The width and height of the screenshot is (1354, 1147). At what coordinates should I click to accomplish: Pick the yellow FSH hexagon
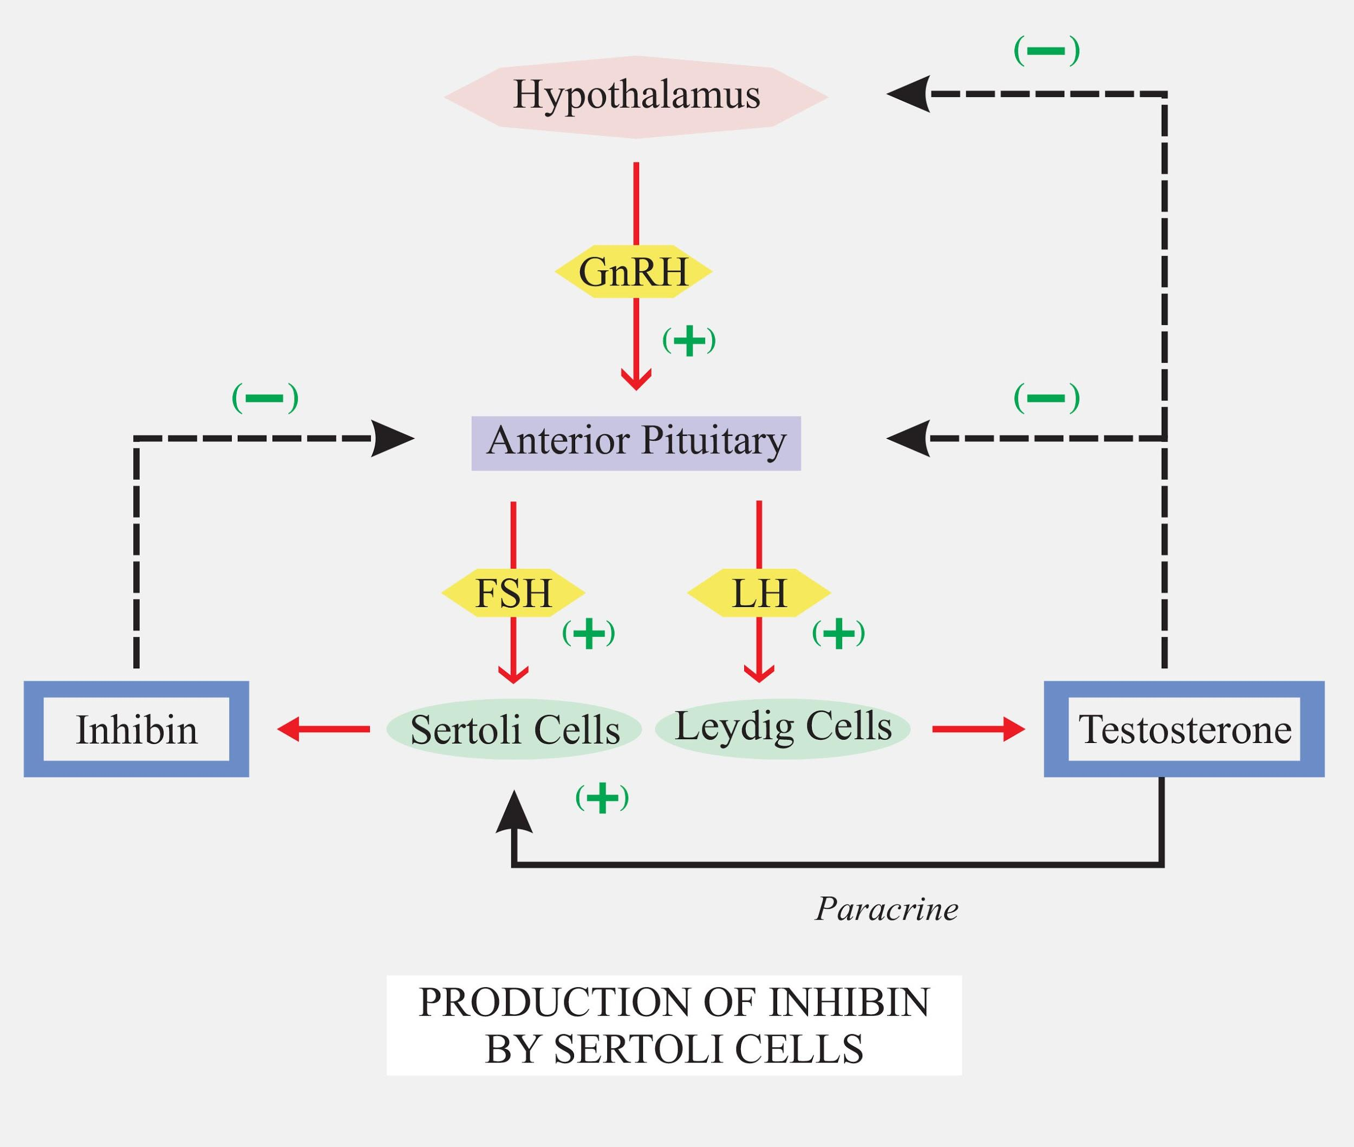tap(513, 593)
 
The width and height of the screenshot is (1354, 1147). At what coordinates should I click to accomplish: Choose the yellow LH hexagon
tap(759, 593)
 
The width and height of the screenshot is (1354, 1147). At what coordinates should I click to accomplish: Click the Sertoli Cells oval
tap(515, 729)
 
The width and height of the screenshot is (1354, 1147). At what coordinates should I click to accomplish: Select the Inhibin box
tap(136, 729)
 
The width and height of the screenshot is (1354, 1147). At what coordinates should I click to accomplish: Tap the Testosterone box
tap(1184, 729)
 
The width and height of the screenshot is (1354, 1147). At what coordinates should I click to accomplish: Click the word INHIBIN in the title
tap(849, 1002)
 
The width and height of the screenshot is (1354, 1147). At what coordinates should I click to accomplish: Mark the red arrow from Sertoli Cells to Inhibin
tap(323, 729)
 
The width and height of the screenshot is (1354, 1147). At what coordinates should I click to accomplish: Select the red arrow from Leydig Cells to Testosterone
tap(979, 729)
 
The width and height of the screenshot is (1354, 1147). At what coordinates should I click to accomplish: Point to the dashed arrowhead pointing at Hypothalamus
tap(909, 95)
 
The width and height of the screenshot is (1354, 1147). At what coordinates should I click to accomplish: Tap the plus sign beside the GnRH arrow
tap(689, 341)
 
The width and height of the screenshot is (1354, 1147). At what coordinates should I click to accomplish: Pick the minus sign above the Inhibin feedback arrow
tap(265, 398)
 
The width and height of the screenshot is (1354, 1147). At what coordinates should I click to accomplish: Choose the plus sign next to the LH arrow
tap(838, 633)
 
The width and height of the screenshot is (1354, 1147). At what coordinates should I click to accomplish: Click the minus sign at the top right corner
tap(1046, 51)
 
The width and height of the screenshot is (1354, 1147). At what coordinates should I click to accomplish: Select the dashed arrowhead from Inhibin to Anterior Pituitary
tap(392, 438)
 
